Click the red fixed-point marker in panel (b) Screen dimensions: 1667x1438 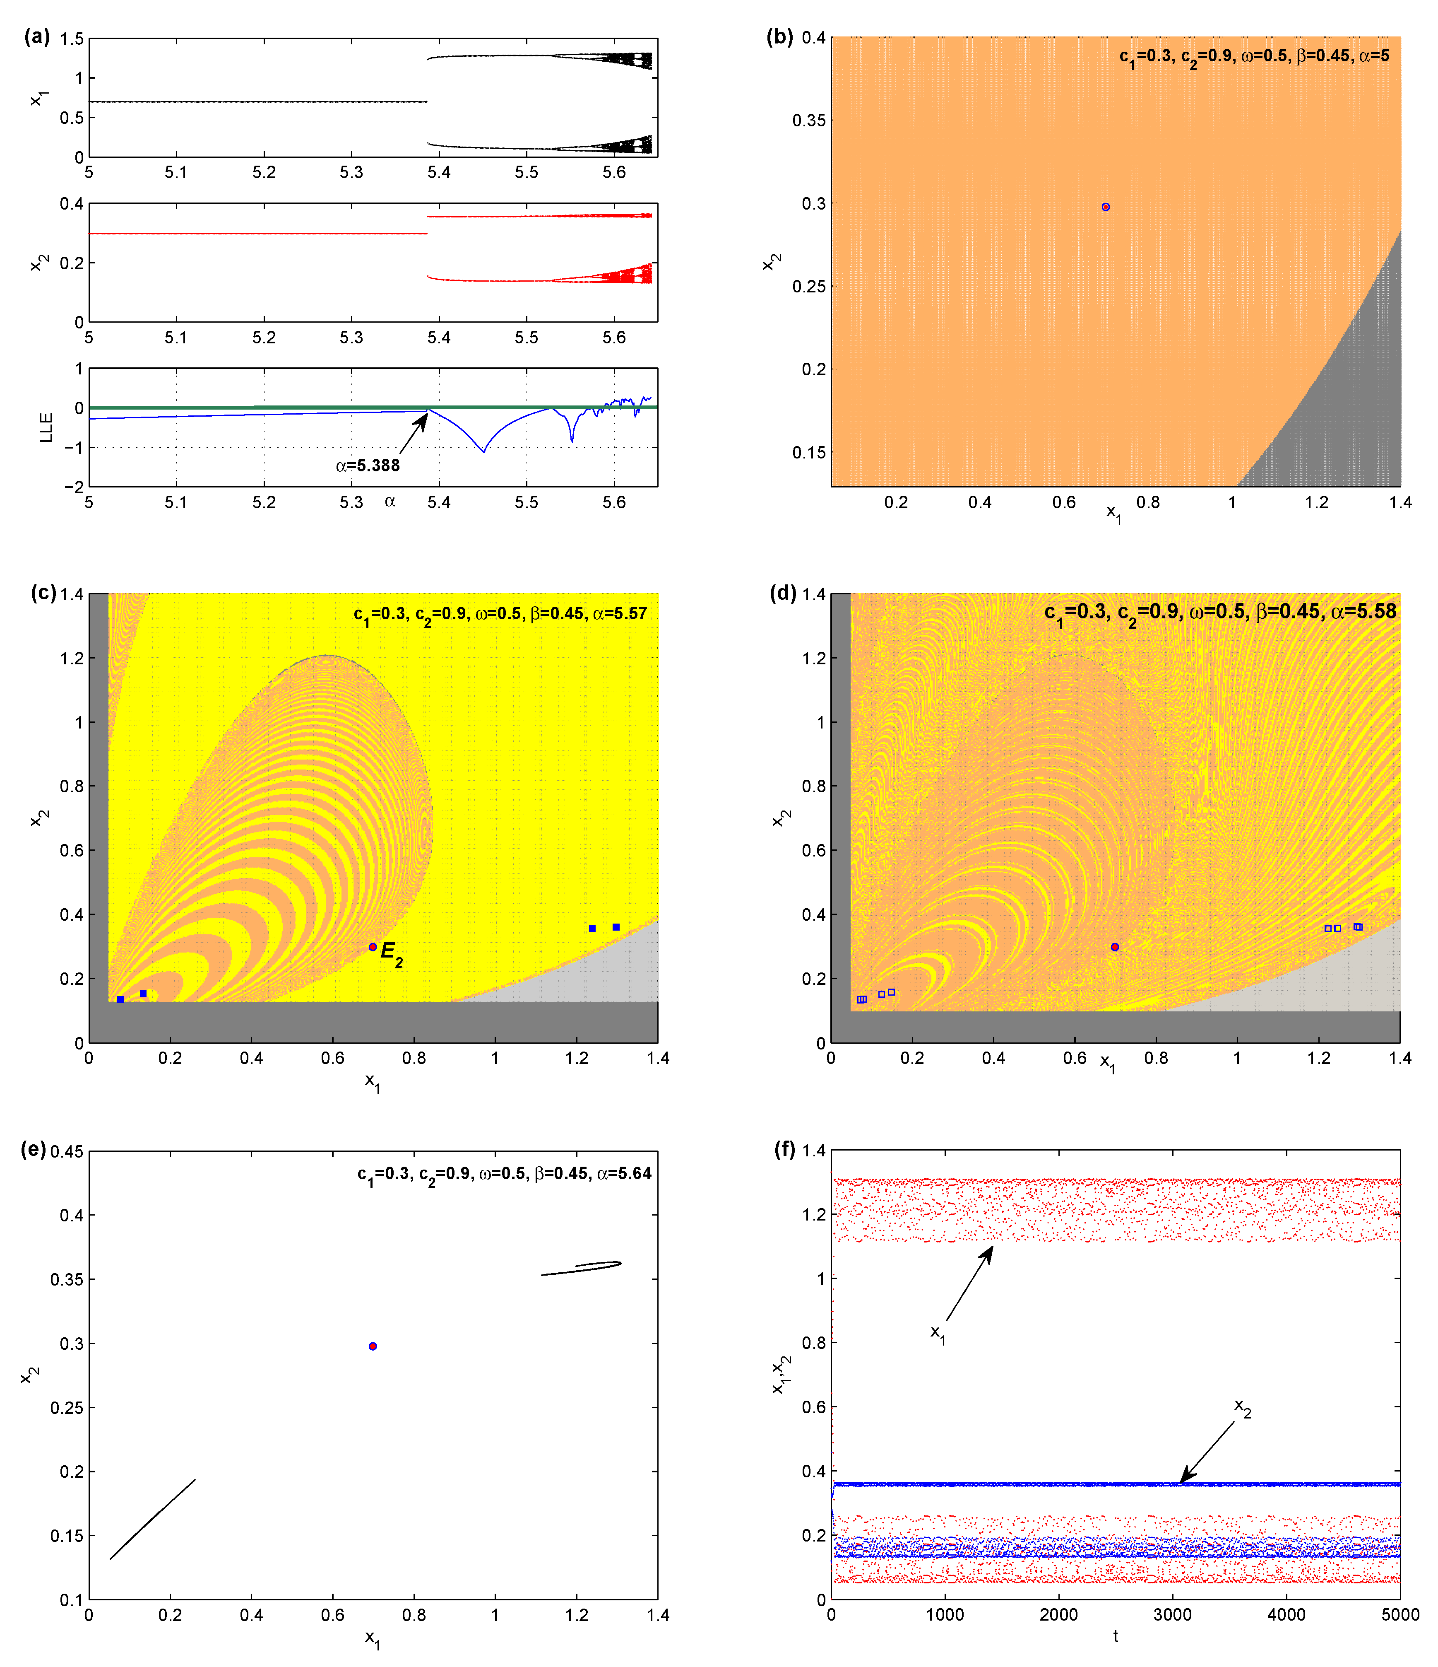point(1106,207)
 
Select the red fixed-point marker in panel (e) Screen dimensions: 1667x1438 point(373,1346)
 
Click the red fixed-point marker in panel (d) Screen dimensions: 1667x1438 point(1115,947)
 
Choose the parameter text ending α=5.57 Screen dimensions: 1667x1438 point(500,614)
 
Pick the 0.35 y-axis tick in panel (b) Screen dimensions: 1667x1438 point(809,121)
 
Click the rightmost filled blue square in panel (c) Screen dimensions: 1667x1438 point(616,927)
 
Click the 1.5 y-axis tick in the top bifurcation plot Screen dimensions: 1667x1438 point(72,39)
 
